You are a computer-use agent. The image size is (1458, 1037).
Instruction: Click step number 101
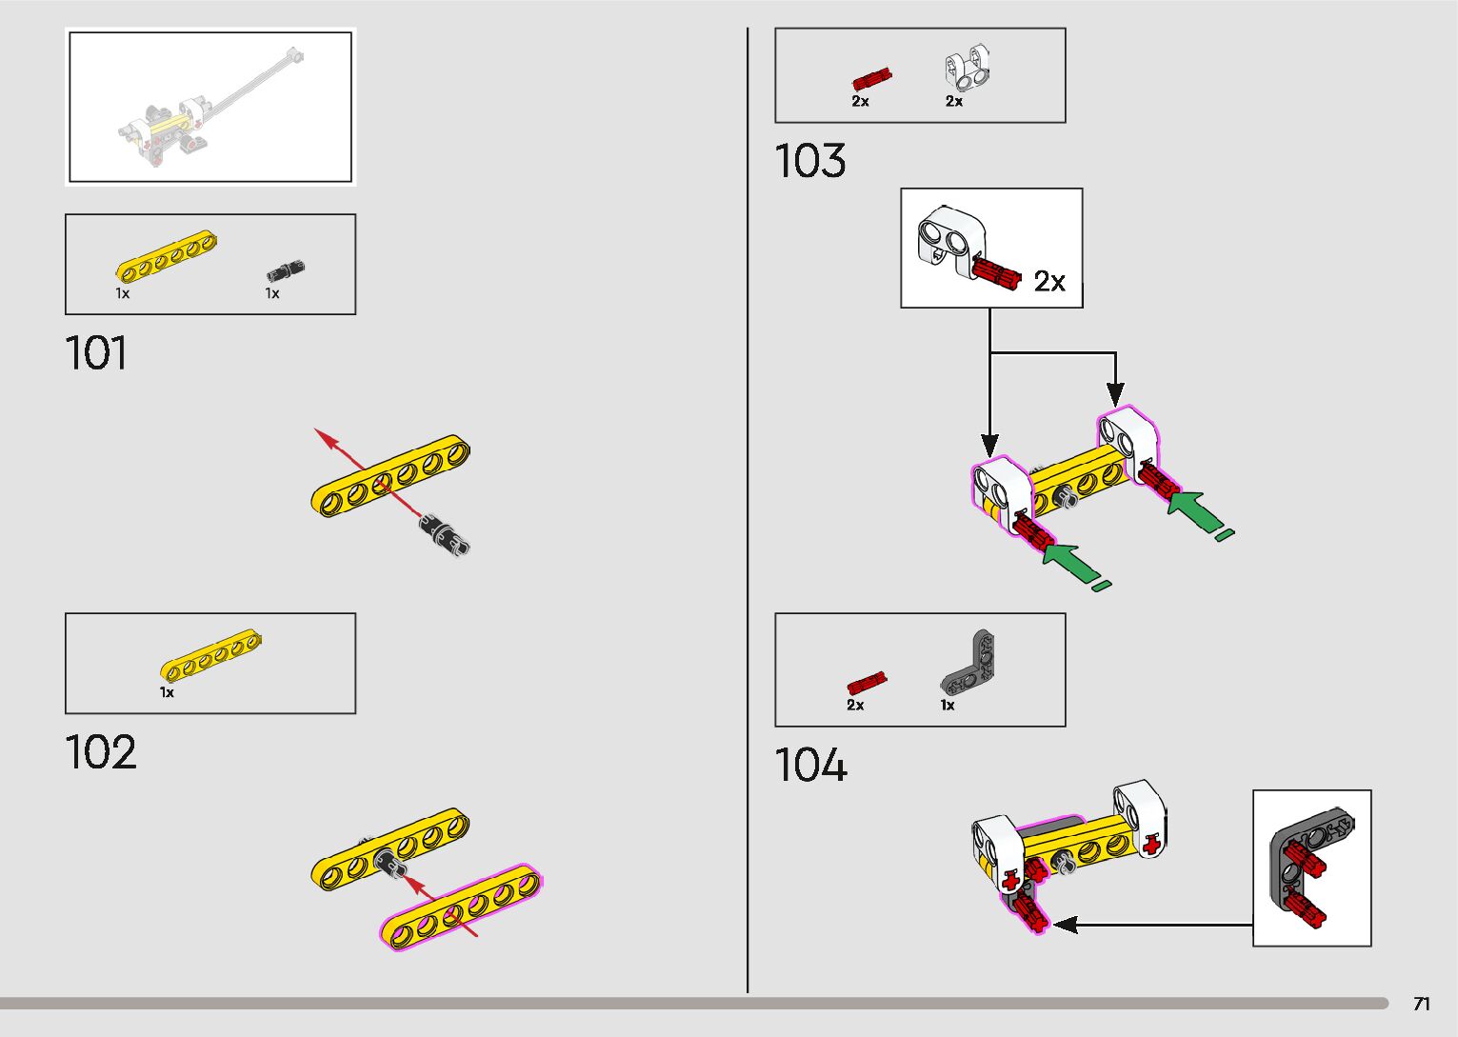tap(96, 353)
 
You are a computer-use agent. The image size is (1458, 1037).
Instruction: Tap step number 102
tap(101, 752)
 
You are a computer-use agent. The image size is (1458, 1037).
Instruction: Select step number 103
tap(809, 161)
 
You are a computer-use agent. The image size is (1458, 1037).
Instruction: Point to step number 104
tap(809, 766)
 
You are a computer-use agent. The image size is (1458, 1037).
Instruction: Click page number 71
tap(1421, 1004)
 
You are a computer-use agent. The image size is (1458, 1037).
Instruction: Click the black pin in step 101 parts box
tap(286, 270)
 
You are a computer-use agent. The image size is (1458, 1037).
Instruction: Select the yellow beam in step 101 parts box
tap(167, 257)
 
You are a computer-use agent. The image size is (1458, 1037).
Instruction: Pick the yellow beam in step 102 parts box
tap(211, 656)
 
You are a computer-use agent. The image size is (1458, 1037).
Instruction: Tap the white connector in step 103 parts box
tap(967, 69)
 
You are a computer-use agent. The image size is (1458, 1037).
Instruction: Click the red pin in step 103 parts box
tap(871, 78)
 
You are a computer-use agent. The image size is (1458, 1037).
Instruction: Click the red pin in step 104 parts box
tap(867, 684)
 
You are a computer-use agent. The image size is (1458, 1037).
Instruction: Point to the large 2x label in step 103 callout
tap(1049, 282)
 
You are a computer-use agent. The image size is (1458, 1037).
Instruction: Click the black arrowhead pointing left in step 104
tap(1066, 924)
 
